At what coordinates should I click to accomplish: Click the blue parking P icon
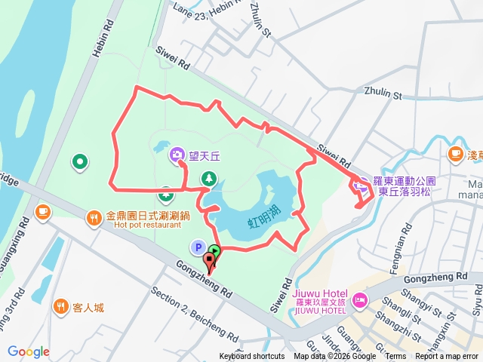coord(197,247)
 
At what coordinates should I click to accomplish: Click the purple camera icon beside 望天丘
coord(177,155)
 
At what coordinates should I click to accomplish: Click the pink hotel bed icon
coord(358,300)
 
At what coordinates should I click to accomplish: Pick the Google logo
coord(29,351)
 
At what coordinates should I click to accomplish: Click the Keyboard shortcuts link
coord(252,357)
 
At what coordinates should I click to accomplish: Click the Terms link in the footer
coord(395,357)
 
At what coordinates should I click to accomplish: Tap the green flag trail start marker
coord(215,251)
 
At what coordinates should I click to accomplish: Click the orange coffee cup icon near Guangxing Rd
coord(42,212)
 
